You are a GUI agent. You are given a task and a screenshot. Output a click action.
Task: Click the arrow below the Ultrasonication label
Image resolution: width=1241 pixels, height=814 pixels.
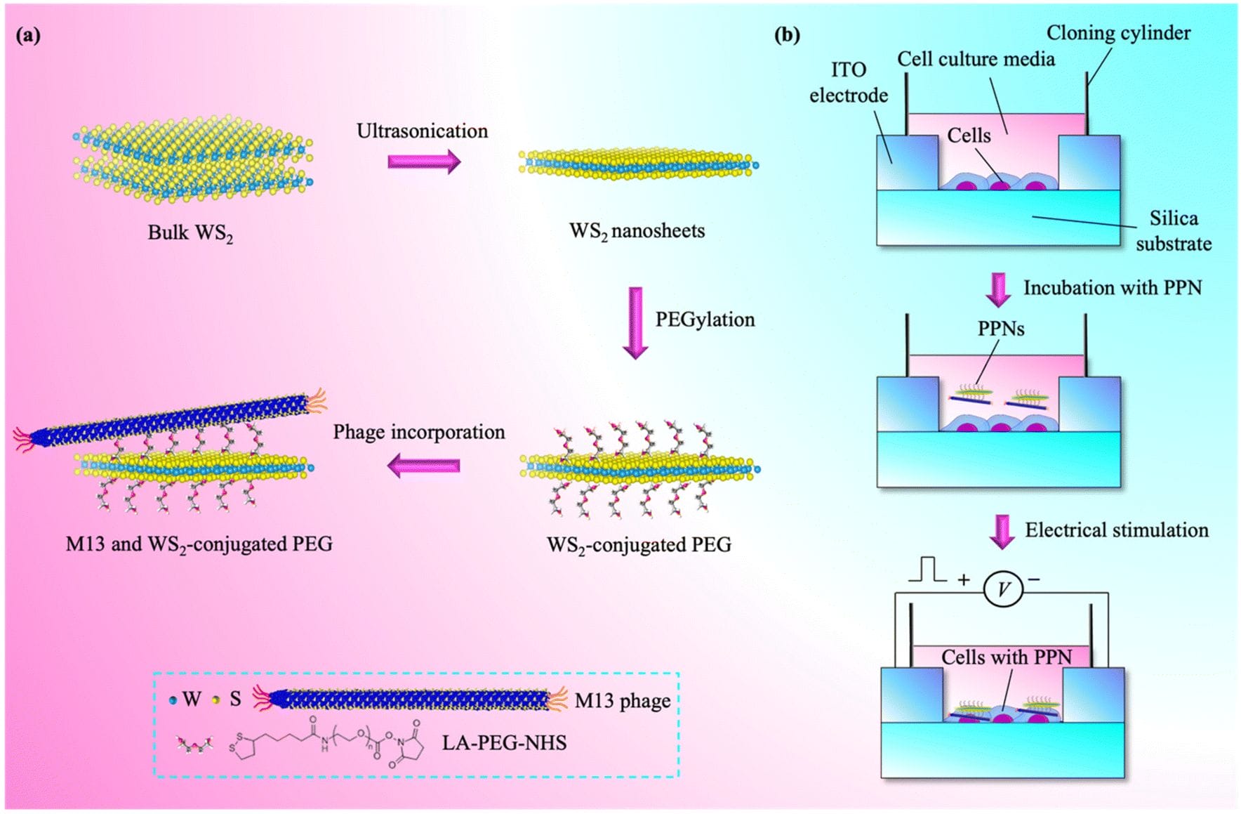click(x=424, y=162)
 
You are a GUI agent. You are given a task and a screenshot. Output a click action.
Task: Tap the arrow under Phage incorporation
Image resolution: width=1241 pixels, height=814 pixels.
click(x=424, y=465)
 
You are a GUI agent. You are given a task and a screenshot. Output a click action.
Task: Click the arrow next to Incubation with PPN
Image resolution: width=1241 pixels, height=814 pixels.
click(x=998, y=289)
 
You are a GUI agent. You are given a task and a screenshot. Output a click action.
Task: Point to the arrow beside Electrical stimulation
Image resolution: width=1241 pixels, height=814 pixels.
click(x=1002, y=532)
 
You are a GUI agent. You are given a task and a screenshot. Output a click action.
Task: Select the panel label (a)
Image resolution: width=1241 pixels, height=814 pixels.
click(x=28, y=35)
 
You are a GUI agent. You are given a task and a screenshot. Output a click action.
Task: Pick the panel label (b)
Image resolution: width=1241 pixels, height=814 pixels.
click(x=787, y=35)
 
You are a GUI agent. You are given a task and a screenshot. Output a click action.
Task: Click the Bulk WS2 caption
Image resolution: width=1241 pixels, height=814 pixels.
click(x=190, y=233)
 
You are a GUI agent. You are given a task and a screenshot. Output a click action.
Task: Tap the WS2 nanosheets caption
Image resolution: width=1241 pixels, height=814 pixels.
click(x=637, y=231)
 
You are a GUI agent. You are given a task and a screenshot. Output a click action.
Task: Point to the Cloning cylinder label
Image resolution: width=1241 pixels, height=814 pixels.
click(x=1118, y=33)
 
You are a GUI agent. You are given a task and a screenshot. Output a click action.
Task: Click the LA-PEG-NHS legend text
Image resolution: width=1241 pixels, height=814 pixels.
click(x=504, y=742)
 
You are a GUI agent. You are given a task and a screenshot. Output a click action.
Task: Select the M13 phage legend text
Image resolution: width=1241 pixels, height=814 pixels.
click(x=622, y=700)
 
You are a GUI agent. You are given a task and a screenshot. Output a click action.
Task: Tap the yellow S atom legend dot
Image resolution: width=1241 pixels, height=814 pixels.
click(x=216, y=700)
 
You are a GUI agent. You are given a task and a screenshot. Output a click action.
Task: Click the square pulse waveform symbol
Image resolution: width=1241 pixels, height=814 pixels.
click(x=928, y=570)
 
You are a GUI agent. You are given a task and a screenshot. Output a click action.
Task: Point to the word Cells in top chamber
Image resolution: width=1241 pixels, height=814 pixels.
click(x=969, y=136)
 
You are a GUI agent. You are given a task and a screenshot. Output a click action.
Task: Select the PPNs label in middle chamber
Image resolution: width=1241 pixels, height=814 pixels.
click(x=1001, y=328)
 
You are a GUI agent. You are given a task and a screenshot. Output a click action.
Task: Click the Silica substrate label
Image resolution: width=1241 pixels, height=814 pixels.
click(x=1174, y=231)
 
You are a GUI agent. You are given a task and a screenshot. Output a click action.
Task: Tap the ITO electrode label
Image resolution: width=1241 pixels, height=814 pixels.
click(x=849, y=82)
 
